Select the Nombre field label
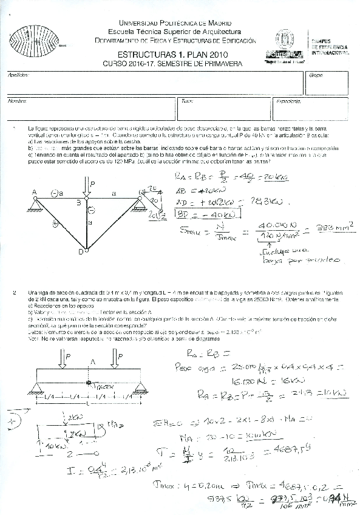click(17, 101)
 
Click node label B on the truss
click(78, 202)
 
